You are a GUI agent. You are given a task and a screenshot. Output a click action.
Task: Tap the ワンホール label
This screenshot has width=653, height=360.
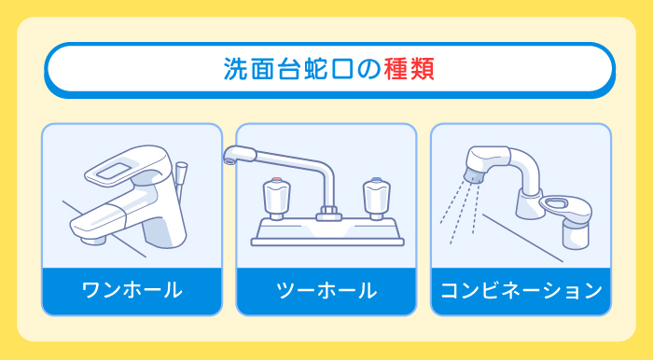(x=132, y=290)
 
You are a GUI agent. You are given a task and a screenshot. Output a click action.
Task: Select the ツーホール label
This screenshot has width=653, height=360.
(x=326, y=290)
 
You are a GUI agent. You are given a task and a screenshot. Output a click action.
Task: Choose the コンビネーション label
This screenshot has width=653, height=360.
(x=521, y=290)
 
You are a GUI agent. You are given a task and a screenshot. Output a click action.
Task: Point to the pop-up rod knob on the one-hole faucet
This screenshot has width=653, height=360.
(x=181, y=172)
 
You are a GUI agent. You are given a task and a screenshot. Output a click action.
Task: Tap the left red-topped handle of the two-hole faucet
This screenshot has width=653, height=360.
(x=276, y=196)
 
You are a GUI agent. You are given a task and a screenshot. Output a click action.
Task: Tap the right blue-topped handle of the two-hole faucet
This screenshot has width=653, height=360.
(x=376, y=196)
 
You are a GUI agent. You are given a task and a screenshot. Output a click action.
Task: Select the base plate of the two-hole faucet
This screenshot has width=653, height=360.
(x=326, y=233)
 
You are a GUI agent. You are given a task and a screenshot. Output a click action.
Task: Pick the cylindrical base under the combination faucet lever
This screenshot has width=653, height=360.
(x=573, y=233)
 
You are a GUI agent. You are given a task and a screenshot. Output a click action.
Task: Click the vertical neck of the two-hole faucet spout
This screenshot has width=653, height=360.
(x=328, y=187)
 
